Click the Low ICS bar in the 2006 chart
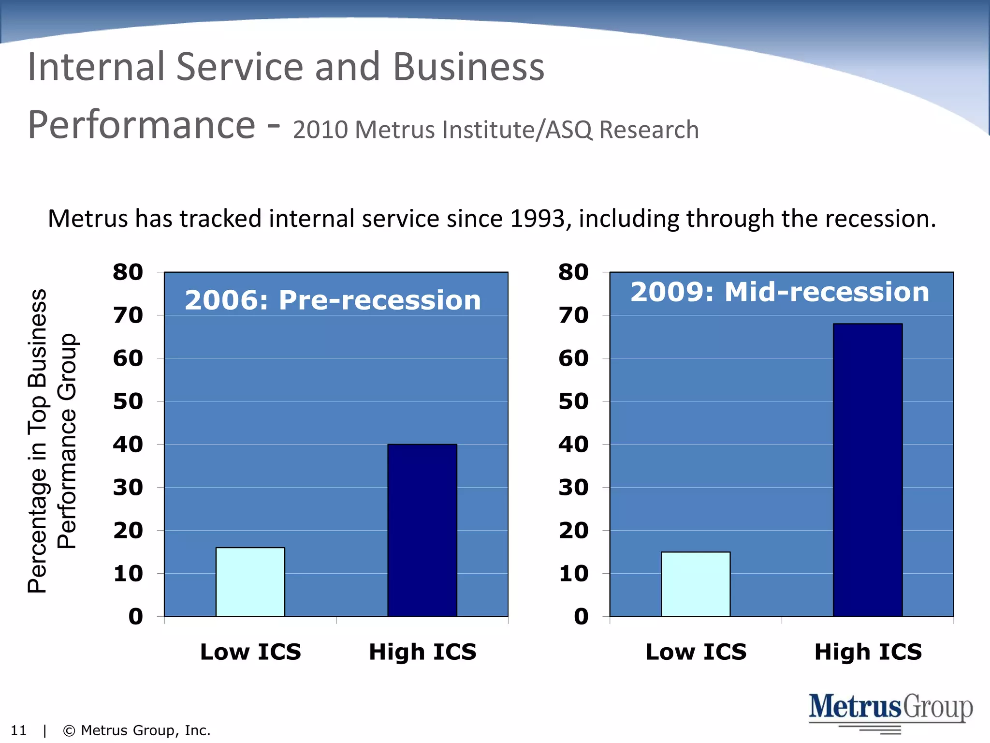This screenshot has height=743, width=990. tap(250, 582)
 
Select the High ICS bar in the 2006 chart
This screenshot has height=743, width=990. tap(422, 530)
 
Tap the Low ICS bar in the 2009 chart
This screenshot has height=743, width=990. tap(696, 584)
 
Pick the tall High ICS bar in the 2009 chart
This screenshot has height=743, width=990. tap(868, 470)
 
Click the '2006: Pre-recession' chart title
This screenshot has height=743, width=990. tap(333, 300)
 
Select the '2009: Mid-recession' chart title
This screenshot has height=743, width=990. tap(779, 292)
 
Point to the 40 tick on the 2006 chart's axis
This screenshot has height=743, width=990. tap(128, 445)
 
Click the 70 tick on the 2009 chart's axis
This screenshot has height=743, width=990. tap(573, 315)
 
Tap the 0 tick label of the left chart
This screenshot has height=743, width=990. tap(136, 617)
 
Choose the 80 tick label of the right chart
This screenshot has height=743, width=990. tap(573, 272)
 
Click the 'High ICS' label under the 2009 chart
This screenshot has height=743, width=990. tap(868, 652)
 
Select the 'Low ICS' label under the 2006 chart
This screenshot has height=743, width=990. tap(250, 652)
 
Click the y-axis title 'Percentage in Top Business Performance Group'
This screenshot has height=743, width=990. tap(51, 441)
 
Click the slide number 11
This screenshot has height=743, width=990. tap(18, 730)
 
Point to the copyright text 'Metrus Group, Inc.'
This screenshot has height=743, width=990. tap(145, 730)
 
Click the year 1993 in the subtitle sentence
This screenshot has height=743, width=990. tap(538, 219)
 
